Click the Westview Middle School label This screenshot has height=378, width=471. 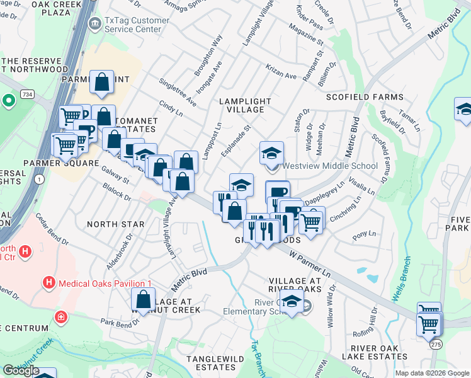click(x=330, y=166)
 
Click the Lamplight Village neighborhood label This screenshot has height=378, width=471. click(x=245, y=105)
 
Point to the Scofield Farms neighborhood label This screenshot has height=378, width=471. click(x=365, y=97)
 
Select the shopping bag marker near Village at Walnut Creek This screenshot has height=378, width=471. click(x=144, y=299)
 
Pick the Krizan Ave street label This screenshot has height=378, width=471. click(x=280, y=75)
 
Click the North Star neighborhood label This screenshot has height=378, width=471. click(x=107, y=224)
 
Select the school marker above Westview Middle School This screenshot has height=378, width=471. click(x=271, y=152)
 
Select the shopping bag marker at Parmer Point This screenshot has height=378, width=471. click(x=101, y=81)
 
